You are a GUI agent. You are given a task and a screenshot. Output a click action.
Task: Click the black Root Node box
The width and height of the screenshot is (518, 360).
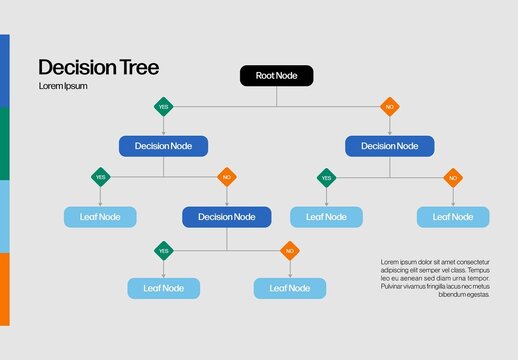pyautogui.click(x=277, y=75)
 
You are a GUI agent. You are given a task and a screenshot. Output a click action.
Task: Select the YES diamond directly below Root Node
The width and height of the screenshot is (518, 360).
pyautogui.click(x=163, y=106)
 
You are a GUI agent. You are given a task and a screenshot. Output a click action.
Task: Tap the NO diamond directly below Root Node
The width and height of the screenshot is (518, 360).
pyautogui.click(x=390, y=106)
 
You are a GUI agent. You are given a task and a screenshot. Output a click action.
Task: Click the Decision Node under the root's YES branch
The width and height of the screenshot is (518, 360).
pyautogui.click(x=163, y=146)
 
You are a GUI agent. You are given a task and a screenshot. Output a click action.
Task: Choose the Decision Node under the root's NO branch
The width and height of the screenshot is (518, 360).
pyautogui.click(x=390, y=146)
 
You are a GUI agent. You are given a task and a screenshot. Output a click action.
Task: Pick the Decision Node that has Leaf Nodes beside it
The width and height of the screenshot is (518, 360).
pyautogui.click(x=226, y=217)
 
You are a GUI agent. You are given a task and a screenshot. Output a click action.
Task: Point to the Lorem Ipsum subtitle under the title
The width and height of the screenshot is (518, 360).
pyautogui.click(x=62, y=86)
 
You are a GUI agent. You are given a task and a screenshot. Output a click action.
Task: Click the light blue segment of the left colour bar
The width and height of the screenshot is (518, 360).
pyautogui.click(x=4, y=216)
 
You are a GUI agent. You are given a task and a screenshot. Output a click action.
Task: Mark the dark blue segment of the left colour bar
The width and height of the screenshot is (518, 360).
pyautogui.click(x=4, y=70)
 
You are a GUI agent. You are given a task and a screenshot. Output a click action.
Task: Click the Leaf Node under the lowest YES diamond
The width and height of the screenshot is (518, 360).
pyautogui.click(x=163, y=288)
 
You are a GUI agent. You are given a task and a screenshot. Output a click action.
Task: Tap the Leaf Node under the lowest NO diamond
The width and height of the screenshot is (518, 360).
pyautogui.click(x=289, y=288)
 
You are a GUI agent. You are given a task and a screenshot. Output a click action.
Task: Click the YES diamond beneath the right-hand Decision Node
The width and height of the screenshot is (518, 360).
pyautogui.click(x=326, y=177)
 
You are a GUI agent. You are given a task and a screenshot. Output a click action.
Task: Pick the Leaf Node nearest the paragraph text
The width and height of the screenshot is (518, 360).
pyautogui.click(x=453, y=217)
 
